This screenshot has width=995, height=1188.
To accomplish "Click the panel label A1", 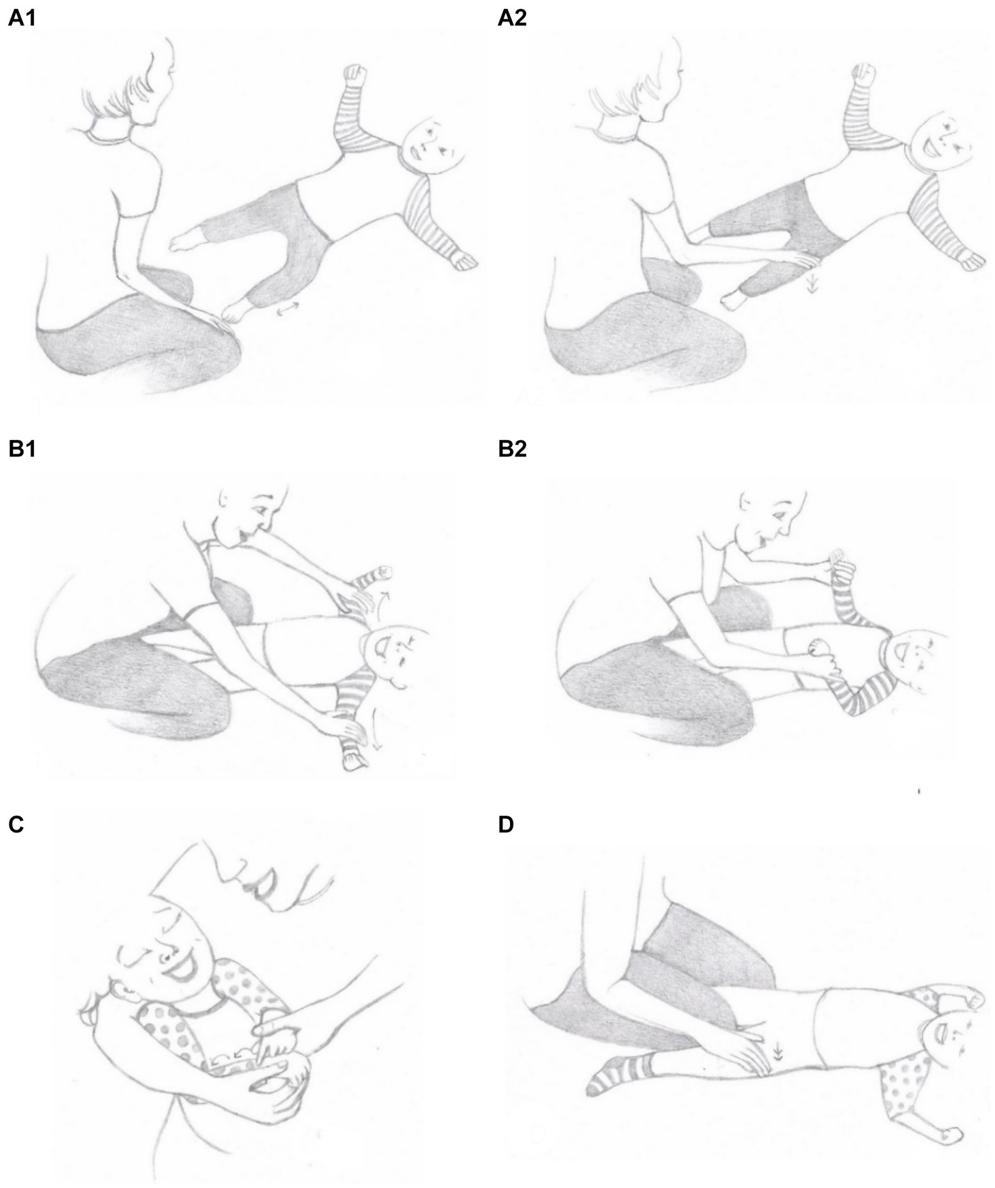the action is coord(22,19).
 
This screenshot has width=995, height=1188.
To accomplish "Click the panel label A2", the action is coord(512,19).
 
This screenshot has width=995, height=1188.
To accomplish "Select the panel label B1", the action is coord(22,450).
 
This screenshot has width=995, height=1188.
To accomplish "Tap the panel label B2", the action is coord(512,450).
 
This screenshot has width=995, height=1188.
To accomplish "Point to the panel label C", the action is coord(16,825).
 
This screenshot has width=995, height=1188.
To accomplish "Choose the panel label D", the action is coord(506,825).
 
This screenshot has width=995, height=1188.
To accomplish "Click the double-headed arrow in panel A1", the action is coord(285,314).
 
